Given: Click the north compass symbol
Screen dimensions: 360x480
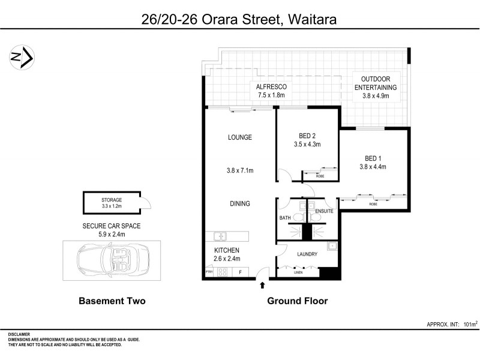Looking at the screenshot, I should (23, 58).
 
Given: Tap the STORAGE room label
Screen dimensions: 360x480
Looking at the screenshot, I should (112, 200).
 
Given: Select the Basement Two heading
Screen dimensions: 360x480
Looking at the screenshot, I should (112, 301).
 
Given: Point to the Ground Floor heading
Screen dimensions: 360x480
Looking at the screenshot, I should (297, 301).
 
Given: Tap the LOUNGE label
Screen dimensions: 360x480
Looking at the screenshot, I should (239, 137).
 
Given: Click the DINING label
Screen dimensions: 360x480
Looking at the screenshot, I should (239, 204).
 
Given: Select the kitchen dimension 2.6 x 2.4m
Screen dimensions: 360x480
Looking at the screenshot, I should (227, 259).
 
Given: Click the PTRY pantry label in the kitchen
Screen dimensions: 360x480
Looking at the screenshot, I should (209, 272).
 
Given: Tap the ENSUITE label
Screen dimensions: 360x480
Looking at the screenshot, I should (324, 211).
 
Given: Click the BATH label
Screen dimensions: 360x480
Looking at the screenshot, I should (286, 218).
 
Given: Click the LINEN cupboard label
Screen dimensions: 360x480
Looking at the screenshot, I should (298, 273).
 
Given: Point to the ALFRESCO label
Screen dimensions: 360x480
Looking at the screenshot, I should (272, 87).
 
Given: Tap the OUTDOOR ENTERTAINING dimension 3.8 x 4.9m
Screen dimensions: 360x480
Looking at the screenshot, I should (376, 95).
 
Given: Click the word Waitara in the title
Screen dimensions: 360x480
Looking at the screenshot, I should (311, 19).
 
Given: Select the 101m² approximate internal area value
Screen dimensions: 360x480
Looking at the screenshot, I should (470, 325).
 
